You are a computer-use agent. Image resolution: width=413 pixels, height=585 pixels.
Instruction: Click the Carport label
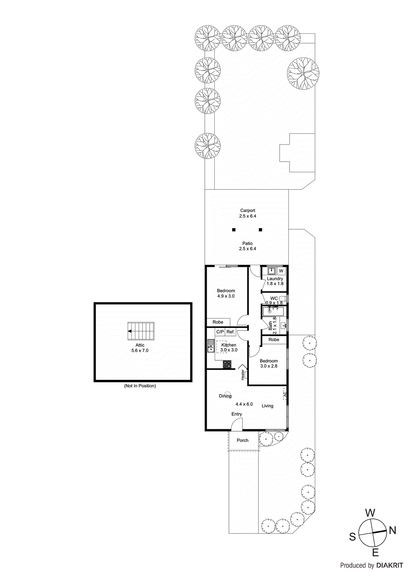coord(248,211)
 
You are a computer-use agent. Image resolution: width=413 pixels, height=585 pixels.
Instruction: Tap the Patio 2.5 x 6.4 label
coord(247,246)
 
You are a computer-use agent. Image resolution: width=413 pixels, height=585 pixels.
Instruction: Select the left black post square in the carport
coord(234,230)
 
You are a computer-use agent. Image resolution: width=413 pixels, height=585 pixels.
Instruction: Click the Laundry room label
coord(275,279)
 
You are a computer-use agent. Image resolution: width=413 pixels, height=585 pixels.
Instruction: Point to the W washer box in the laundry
coord(281,271)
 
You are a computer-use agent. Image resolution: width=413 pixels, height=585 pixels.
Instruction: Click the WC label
coord(274,298)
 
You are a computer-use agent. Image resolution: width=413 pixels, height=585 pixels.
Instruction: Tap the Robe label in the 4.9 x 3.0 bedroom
coord(218,322)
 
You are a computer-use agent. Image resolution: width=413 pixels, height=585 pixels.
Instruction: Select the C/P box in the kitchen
coord(220,332)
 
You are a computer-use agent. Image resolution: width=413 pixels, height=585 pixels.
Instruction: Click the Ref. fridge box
coord(230,332)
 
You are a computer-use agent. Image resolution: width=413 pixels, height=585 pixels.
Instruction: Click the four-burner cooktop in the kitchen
coord(227,364)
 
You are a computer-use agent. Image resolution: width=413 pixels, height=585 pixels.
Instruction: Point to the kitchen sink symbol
coord(211,346)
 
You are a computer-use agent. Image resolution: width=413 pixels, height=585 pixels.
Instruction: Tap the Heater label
coord(242,375)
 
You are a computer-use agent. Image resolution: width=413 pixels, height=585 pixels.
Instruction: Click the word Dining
coord(225,396)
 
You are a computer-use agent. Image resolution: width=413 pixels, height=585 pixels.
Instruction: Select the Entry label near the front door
coord(237,414)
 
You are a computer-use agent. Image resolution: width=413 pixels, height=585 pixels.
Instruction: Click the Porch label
coord(242,441)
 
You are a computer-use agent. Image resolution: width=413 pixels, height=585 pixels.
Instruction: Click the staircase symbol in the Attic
coord(141,331)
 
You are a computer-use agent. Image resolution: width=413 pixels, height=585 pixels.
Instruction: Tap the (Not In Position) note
coord(140,386)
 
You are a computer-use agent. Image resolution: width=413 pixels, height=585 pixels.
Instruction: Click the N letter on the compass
coord(393,530)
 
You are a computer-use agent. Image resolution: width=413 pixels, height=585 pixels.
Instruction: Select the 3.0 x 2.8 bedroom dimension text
coord(269,366)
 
